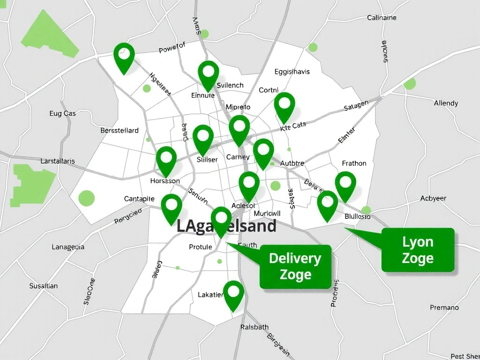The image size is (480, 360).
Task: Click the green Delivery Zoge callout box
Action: [295, 266]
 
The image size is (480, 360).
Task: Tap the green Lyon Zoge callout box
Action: [418, 250]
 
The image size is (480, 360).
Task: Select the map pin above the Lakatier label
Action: [233, 293]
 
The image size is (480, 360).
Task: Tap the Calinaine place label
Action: [382, 18]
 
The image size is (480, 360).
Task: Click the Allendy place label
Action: [446, 103]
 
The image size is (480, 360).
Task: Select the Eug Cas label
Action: [62, 113]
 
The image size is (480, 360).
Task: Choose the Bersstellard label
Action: [120, 130]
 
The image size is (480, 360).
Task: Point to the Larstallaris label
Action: [58, 161]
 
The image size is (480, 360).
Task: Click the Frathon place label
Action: [354, 163]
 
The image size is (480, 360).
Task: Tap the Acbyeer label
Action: [433, 198]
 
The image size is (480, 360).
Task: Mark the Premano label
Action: [444, 307]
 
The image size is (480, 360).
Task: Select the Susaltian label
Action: [44, 286]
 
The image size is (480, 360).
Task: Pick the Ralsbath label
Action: [255, 327]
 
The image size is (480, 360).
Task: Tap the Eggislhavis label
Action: [292, 72]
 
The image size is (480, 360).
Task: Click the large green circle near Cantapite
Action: [87, 198]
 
